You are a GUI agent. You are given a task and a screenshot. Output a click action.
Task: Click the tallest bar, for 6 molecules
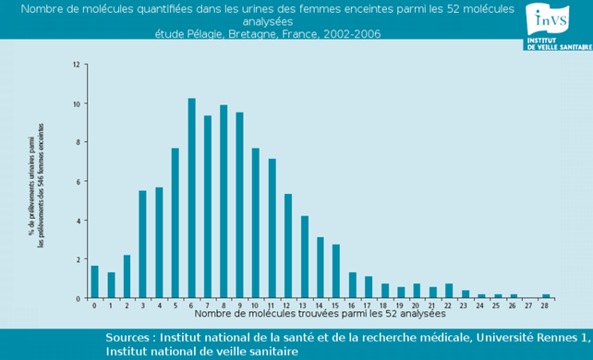[x=192, y=198]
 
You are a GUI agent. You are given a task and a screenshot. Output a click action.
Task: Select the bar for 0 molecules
[x=94, y=282]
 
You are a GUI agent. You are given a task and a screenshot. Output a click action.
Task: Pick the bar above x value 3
[x=142, y=245]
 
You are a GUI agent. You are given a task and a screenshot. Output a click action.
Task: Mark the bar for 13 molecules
[x=304, y=257]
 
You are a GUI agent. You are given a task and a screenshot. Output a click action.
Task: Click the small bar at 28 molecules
[x=546, y=296]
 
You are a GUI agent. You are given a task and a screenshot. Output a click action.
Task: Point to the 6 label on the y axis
[x=78, y=181]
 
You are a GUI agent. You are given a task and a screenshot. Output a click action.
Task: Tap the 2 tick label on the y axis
[x=78, y=259]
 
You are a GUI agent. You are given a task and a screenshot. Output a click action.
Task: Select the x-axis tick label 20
[x=417, y=305]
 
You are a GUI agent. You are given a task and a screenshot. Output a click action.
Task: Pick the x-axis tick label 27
[x=529, y=305]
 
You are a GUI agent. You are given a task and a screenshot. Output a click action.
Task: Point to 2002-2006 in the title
[x=349, y=34]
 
